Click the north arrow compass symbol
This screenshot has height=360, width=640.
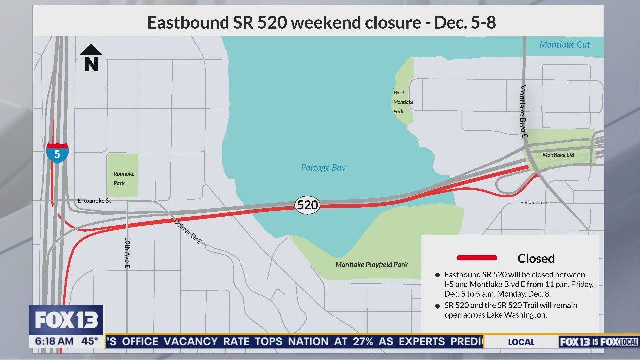click(91, 57)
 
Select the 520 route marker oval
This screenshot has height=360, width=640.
click(307, 205)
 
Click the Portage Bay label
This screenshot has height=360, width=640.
click(323, 168)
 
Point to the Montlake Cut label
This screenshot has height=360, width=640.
click(565, 45)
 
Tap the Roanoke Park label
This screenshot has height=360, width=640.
click(124, 178)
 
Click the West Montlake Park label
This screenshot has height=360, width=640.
click(403, 102)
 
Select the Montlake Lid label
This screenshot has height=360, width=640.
click(558, 155)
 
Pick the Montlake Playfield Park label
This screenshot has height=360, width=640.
click(371, 264)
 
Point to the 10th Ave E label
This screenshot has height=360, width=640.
click(127, 253)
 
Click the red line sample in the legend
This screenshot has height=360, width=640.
click(477, 258)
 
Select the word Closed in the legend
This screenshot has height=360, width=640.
click(536, 258)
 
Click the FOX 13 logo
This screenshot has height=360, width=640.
click(66, 320)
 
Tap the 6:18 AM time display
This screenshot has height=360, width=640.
click(53, 342)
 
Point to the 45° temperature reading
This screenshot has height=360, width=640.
click(90, 342)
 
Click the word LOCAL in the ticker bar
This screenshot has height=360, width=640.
click(521, 342)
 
